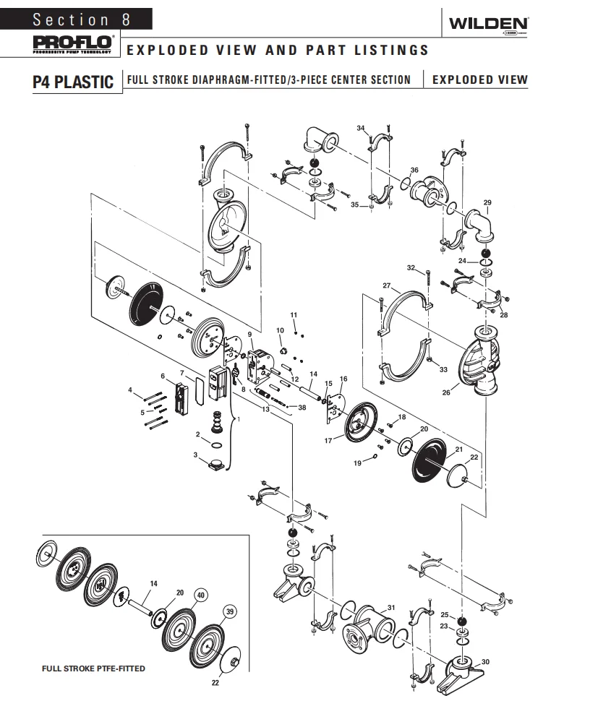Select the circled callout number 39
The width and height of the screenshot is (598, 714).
[231, 611]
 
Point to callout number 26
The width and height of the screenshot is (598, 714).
[446, 393]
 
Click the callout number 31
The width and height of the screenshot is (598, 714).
[391, 606]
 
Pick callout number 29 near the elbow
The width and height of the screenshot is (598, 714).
[487, 202]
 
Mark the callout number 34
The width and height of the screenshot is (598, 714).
[361, 128]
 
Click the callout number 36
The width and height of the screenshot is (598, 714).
[414, 170]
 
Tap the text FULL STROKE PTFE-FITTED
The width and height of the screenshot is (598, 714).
[93, 668]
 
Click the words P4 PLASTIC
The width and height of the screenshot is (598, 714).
[73, 81]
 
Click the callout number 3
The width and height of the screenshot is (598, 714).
[196, 454]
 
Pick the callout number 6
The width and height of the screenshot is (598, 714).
[163, 376]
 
